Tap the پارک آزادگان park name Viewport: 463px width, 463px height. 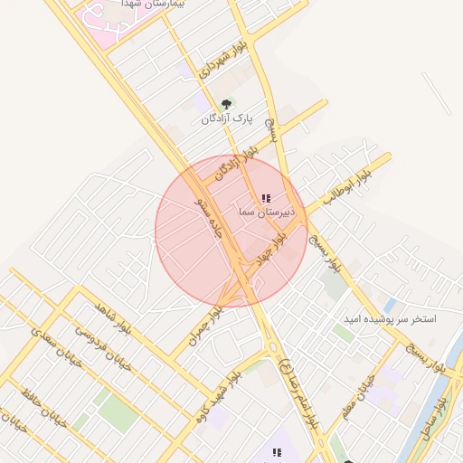tap(224, 118)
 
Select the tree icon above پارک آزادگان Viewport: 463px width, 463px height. tap(226, 104)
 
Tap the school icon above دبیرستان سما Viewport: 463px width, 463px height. tap(265, 198)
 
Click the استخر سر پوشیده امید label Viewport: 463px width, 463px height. tap(389, 320)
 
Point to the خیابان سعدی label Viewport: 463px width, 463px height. tap(56, 352)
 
